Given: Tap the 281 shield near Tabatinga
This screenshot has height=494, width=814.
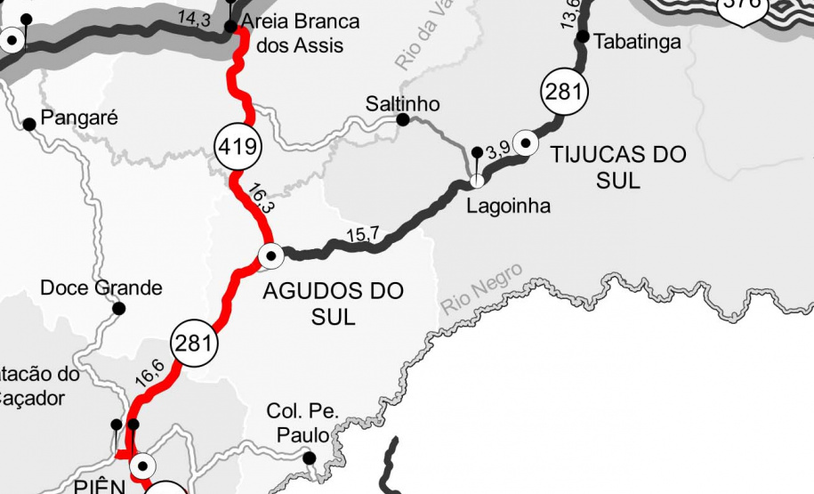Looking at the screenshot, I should [x=563, y=92].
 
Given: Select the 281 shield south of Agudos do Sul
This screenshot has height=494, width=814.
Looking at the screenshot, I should [x=192, y=344].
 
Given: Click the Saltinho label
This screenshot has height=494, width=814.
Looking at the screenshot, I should [x=402, y=104].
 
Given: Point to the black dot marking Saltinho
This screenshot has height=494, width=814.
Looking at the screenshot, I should [x=403, y=119].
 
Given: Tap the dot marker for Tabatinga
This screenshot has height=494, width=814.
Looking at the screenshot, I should [x=584, y=36].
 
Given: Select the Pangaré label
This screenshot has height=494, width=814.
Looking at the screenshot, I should [x=78, y=117].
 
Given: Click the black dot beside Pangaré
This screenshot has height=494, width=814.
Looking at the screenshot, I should [x=29, y=124].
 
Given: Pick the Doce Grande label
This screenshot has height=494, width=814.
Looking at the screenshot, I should [x=101, y=287].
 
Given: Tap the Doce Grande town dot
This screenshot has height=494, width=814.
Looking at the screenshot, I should [x=118, y=309].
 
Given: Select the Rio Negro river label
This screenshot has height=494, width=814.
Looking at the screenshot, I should [x=481, y=289].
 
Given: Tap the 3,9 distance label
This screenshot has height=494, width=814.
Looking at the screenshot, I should [x=499, y=149].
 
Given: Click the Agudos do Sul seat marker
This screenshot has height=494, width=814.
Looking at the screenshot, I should [x=270, y=255].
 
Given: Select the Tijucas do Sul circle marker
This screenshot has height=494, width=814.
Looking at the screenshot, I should [x=526, y=142].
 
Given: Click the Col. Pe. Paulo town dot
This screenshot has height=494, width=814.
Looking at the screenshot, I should [x=310, y=458].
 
